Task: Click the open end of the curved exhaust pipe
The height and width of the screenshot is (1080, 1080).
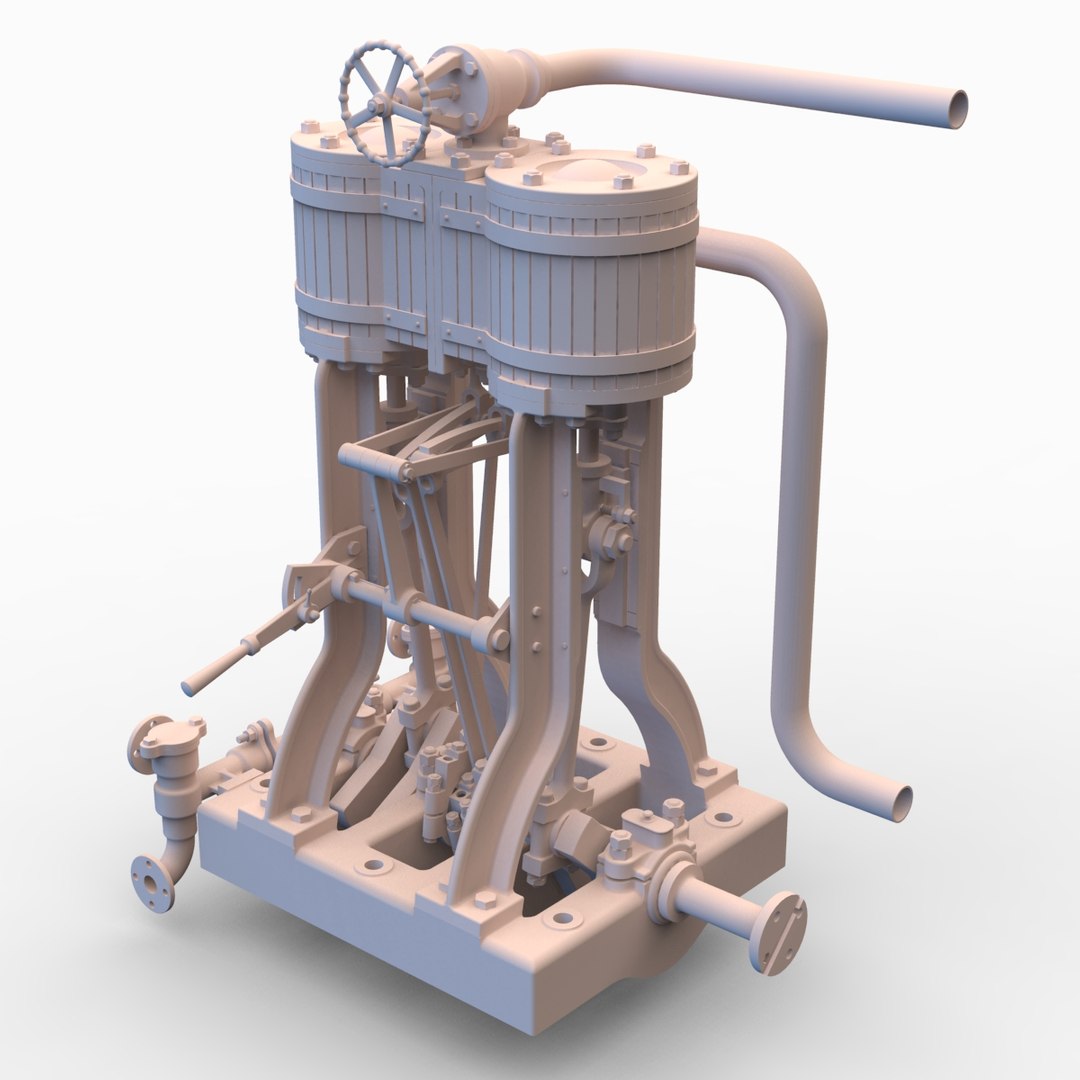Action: [900, 803]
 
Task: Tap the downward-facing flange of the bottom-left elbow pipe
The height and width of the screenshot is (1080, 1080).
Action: [152, 882]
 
